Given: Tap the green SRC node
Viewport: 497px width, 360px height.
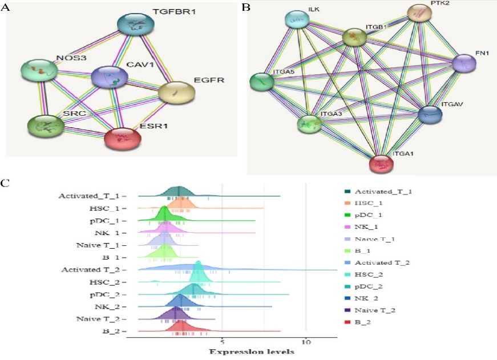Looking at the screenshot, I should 46,126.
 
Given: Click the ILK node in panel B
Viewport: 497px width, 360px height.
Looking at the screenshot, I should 297,21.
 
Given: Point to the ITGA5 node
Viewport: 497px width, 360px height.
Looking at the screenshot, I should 262,82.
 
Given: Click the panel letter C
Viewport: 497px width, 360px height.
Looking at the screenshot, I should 6,184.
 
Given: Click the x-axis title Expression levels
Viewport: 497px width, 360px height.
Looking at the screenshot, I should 251,351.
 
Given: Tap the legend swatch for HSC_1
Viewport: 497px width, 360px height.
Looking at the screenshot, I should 348,203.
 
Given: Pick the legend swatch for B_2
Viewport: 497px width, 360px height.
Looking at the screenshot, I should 348,323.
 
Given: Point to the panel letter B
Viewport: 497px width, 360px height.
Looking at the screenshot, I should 246,7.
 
